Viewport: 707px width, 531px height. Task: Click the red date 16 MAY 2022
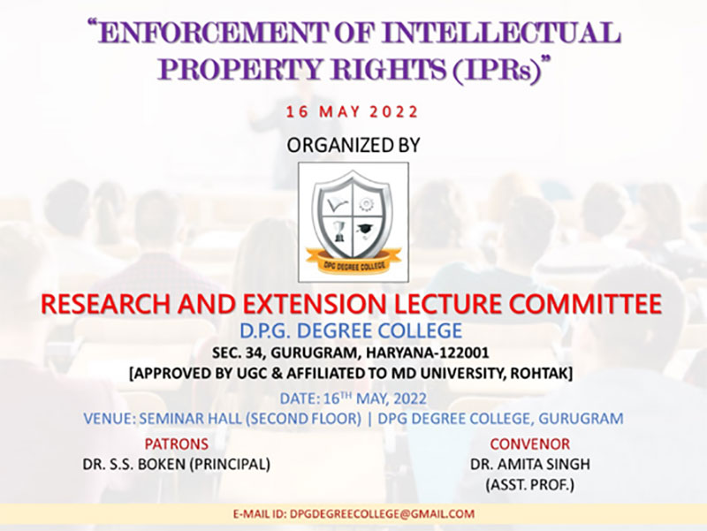pyautogui.click(x=353, y=111)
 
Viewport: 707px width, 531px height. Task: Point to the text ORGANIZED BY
pyautogui.click(x=353, y=145)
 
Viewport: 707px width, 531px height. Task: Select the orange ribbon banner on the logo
pyautogui.click(x=353, y=262)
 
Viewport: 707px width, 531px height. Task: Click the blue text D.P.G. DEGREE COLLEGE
pyautogui.click(x=351, y=330)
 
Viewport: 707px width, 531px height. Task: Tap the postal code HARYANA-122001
pyautogui.click(x=428, y=353)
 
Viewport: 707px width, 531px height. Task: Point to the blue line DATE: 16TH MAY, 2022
pyautogui.click(x=353, y=398)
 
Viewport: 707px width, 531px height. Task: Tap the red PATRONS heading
pyautogui.click(x=176, y=444)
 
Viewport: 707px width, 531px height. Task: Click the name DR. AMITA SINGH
pyautogui.click(x=530, y=464)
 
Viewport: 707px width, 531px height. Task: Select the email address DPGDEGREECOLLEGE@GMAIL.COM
pyautogui.click(x=383, y=514)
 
